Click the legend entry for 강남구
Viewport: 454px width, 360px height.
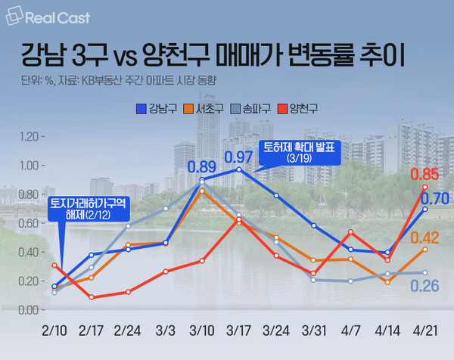[157, 109]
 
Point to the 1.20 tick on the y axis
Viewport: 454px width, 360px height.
[26, 136]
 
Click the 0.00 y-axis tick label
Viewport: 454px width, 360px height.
[26, 310]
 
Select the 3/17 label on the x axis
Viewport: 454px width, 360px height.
[239, 332]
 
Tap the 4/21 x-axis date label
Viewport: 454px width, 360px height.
[424, 332]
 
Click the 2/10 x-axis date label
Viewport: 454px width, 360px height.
[54, 332]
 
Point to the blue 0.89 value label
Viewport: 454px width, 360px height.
[202, 166]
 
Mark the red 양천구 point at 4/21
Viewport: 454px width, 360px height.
[424, 187]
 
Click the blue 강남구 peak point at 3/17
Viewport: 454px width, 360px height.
[239, 169]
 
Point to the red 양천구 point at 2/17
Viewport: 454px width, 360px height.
[91, 297]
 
